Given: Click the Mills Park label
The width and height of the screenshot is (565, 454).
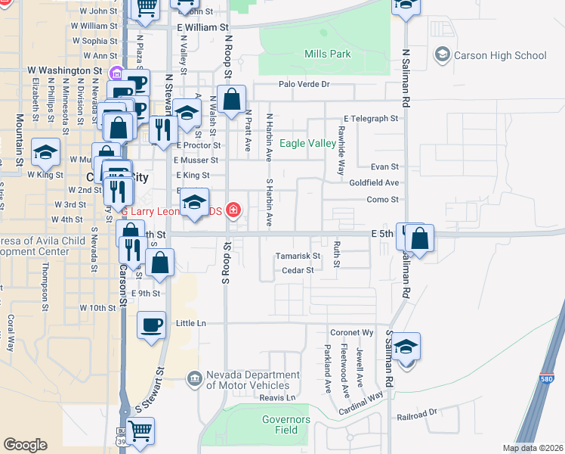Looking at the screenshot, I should pos(328,54).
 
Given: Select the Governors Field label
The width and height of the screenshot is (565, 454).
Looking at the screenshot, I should pos(286,424).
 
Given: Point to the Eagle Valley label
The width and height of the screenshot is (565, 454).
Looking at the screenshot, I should pos(307,143).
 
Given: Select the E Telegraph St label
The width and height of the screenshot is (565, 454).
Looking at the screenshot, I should pos(370,119).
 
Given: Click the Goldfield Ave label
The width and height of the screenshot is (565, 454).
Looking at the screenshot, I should pos(373,183).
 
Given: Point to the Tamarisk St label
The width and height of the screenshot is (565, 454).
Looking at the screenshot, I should pos(298,256).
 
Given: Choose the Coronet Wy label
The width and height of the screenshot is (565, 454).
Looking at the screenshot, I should pos(351,333).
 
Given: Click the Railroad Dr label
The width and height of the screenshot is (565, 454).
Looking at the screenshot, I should pos(417,413).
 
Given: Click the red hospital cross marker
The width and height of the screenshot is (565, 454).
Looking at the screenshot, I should pos(234,210).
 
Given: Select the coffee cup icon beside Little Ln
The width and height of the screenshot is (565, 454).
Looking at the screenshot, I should pos(151,325).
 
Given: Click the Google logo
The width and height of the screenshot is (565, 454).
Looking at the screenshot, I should pos(25,445).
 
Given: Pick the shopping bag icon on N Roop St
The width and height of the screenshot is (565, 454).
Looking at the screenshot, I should pos(231,99).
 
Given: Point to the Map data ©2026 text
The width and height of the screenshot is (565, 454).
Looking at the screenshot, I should pos(531,448).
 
